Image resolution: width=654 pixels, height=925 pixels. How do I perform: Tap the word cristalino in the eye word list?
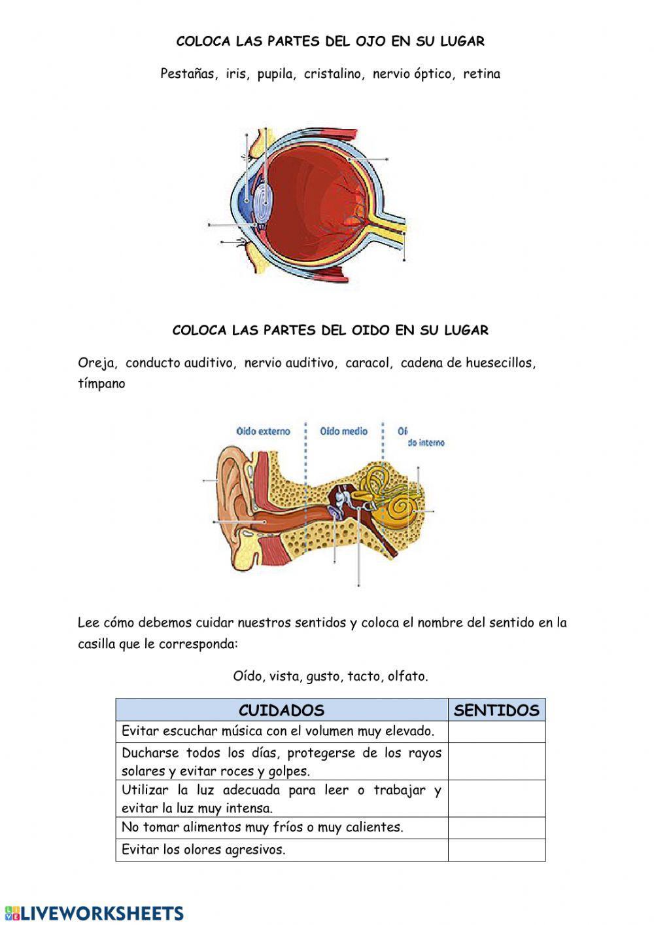pos(333,74)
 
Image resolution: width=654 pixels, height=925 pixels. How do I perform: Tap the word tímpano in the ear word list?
pos(101,384)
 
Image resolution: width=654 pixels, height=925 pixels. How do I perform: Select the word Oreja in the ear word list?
pos(97,363)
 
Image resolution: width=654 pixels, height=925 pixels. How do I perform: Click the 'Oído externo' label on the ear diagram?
pos(263,431)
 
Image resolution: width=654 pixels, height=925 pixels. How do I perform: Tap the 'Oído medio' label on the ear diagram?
pos(344,431)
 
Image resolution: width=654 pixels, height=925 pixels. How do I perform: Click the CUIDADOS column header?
pos(281,710)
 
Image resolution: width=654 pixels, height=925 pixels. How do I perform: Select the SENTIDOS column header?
pos(496,710)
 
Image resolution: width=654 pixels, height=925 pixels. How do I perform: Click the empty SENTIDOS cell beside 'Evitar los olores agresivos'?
pos(496,850)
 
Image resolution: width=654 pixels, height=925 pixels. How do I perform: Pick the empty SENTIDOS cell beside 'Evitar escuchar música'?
pos(496,731)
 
